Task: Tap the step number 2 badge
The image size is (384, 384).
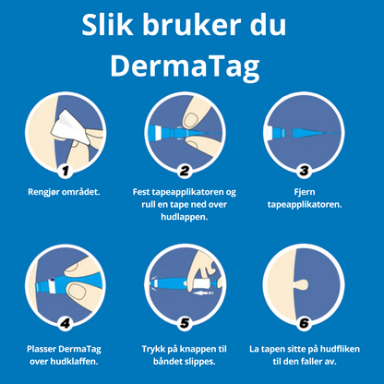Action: pos(184,171)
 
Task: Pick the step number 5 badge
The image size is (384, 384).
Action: pos(184,323)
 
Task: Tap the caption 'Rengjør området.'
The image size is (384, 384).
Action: pos(65,192)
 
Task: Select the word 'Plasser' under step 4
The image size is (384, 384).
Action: pos(46,351)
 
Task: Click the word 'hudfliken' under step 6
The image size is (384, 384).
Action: pos(337,351)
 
